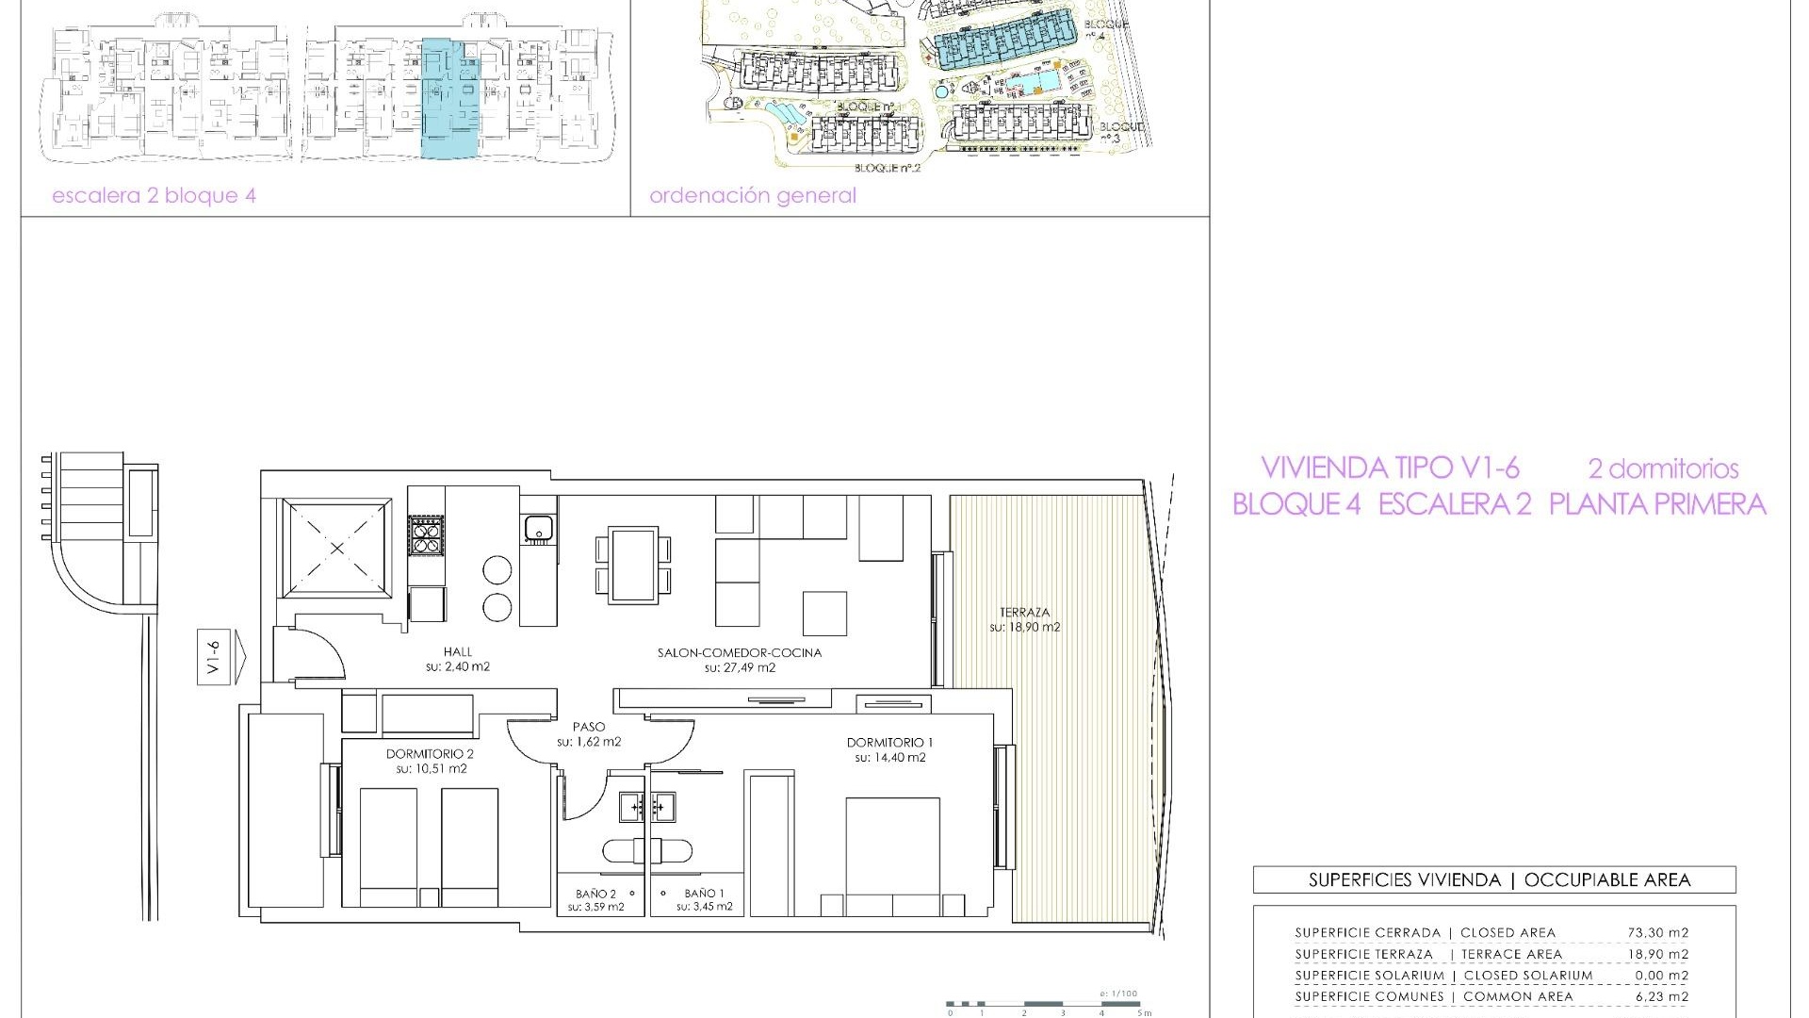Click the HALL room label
[x=458, y=652]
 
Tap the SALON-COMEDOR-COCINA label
[x=740, y=652]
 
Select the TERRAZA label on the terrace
[x=1024, y=613]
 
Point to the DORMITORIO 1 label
[x=889, y=743]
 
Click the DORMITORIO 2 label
[x=430, y=754]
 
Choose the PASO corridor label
[x=589, y=728]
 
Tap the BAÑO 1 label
[x=704, y=894]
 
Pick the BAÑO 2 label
[x=595, y=894]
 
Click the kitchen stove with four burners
[x=425, y=535]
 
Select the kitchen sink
[x=539, y=528]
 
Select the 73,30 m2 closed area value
[x=1658, y=933]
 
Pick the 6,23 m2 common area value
[x=1658, y=996]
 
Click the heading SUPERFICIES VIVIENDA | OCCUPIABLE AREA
[x=1494, y=880]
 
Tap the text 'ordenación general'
[x=753, y=196]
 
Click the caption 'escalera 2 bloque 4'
[x=154, y=196]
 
